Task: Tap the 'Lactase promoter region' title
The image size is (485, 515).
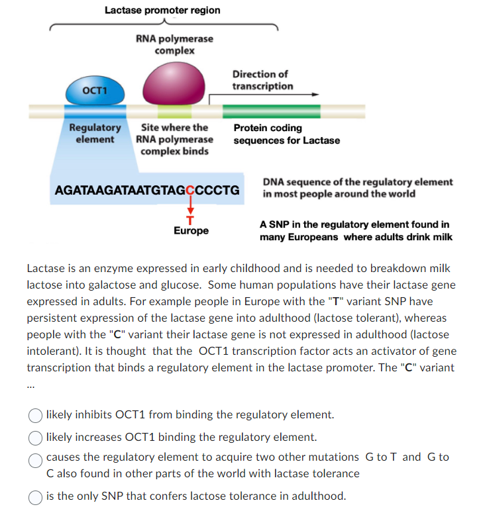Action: tap(162, 10)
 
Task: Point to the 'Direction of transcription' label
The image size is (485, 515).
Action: tap(262, 80)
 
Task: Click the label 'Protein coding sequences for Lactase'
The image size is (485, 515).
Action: tap(286, 134)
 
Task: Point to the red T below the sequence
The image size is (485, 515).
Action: tap(191, 220)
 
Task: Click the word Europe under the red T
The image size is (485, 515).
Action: tap(191, 231)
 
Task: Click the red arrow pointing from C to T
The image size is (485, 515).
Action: tap(191, 207)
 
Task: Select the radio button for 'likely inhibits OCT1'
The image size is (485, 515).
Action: tap(34, 415)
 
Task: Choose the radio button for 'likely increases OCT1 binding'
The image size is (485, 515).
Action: tap(34, 438)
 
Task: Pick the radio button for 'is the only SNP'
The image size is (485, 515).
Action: tap(34, 496)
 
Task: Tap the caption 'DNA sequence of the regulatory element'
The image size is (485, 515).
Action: tap(358, 182)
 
